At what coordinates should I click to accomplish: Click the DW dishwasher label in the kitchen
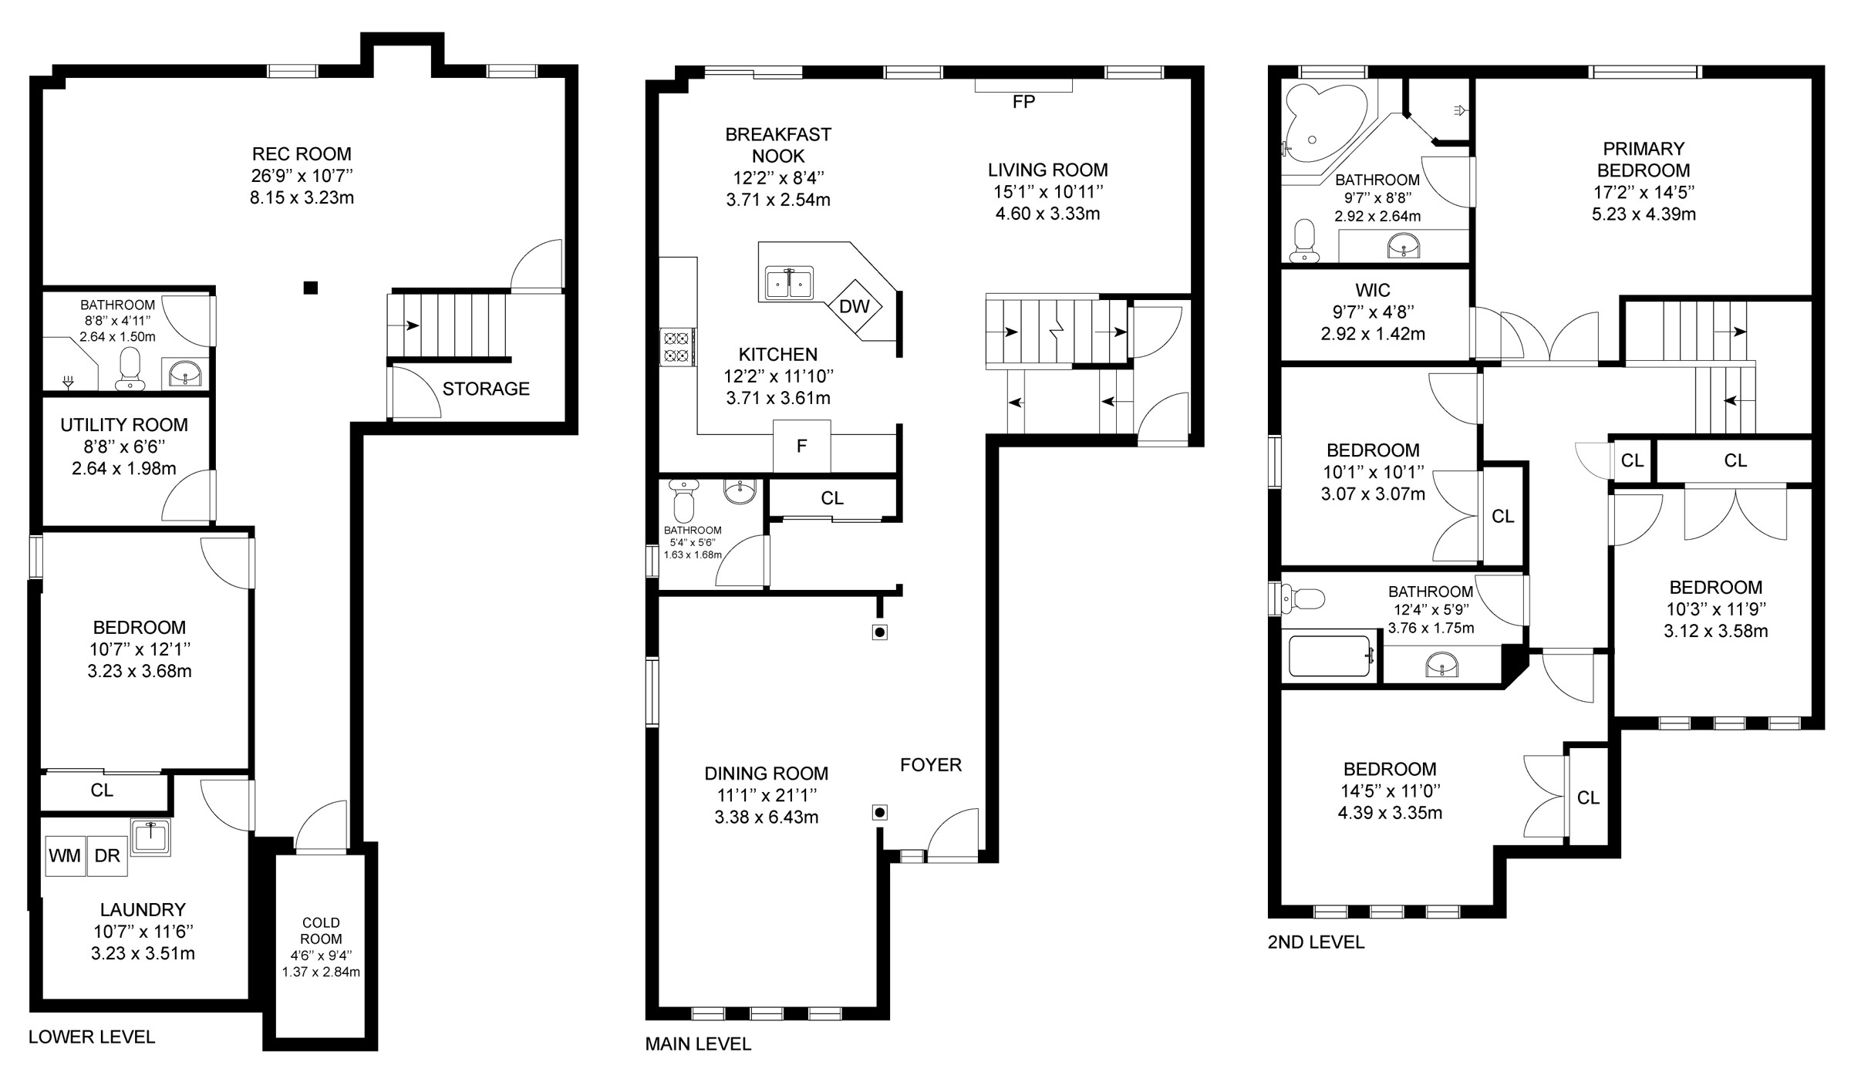tap(854, 307)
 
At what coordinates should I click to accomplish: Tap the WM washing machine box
tap(65, 856)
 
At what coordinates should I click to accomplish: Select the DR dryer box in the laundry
tap(106, 856)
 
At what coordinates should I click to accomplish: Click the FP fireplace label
tap(1023, 102)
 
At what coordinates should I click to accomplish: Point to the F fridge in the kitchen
tap(802, 446)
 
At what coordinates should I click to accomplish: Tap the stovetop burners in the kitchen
tap(677, 346)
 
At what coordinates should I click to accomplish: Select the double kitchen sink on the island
tap(790, 283)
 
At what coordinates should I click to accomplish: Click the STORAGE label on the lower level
tap(486, 389)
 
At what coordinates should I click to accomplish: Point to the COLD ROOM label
tap(321, 931)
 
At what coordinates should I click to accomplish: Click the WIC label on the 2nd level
tap(1373, 291)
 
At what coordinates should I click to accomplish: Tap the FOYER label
tap(931, 765)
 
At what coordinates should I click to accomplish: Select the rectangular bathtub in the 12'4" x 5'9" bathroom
tap(1330, 656)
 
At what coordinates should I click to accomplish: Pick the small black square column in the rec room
tap(311, 288)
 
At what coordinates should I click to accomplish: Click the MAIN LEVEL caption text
tap(698, 1044)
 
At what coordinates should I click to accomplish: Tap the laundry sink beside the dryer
tap(150, 836)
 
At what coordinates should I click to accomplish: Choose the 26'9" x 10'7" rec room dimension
tap(302, 176)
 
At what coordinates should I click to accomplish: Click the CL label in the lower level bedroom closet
tap(102, 790)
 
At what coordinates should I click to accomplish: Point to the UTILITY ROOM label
tap(124, 425)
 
